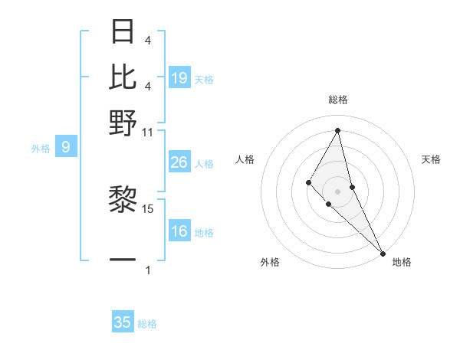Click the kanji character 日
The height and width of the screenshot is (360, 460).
pyautogui.click(x=123, y=32)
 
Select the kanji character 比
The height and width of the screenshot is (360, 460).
pyautogui.click(x=123, y=77)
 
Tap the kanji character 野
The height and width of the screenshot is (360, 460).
pyautogui.click(x=123, y=122)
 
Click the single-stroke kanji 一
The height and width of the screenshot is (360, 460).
pyautogui.click(x=123, y=260)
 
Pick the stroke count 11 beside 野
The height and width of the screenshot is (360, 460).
pyautogui.click(x=147, y=132)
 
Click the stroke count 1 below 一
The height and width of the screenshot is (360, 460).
pyautogui.click(x=148, y=270)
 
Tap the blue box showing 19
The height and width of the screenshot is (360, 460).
pyautogui.click(x=179, y=77)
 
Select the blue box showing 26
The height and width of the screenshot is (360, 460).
pyautogui.click(x=179, y=162)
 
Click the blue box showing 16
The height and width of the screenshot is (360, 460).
pyautogui.click(x=179, y=231)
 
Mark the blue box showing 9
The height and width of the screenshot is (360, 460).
pyautogui.click(x=66, y=147)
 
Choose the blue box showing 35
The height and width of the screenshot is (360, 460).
pyautogui.click(x=123, y=322)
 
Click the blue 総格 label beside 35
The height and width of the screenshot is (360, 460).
pyautogui.click(x=147, y=324)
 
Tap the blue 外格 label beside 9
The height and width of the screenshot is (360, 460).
pyautogui.click(x=40, y=149)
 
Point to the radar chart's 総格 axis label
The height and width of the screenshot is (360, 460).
pyautogui.click(x=337, y=100)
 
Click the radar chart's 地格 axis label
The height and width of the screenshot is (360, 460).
pyautogui.click(x=402, y=263)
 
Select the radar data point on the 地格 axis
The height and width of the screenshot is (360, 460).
pyautogui.click(x=382, y=252)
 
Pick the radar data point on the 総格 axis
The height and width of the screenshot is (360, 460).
pyautogui.click(x=337, y=130)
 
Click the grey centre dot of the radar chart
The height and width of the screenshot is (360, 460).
pyautogui.click(x=337, y=191)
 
